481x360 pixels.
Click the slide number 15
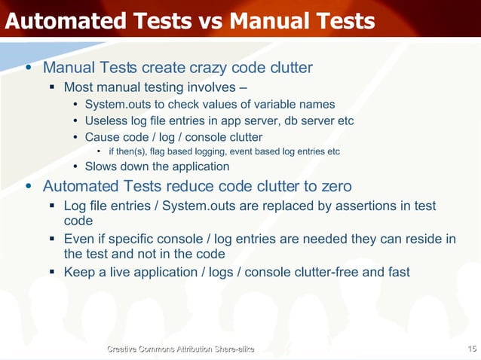[x=472, y=348]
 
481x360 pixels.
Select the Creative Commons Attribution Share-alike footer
[x=181, y=349]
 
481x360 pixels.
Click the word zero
[x=335, y=185]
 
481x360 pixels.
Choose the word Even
[x=78, y=239]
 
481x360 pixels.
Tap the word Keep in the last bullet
[x=79, y=271]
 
